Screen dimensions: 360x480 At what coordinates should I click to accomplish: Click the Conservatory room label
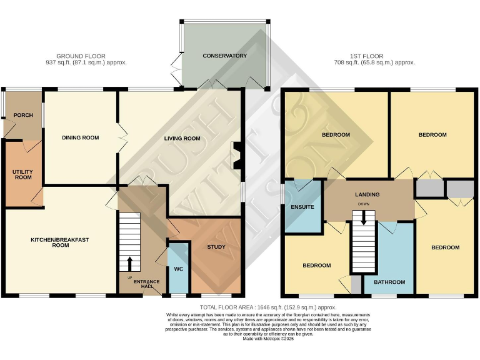click(224, 56)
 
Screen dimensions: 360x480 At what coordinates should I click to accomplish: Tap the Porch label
click(14, 115)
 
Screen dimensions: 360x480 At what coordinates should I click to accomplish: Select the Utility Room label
click(22, 174)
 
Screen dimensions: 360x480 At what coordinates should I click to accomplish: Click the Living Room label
click(182, 138)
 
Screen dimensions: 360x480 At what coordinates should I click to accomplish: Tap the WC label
click(177, 269)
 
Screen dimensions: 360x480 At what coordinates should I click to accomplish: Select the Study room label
click(216, 247)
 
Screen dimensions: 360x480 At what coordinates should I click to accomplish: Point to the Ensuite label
click(302, 206)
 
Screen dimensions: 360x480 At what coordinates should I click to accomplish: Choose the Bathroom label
click(389, 282)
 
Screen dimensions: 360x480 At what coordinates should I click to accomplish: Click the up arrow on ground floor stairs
click(130, 263)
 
